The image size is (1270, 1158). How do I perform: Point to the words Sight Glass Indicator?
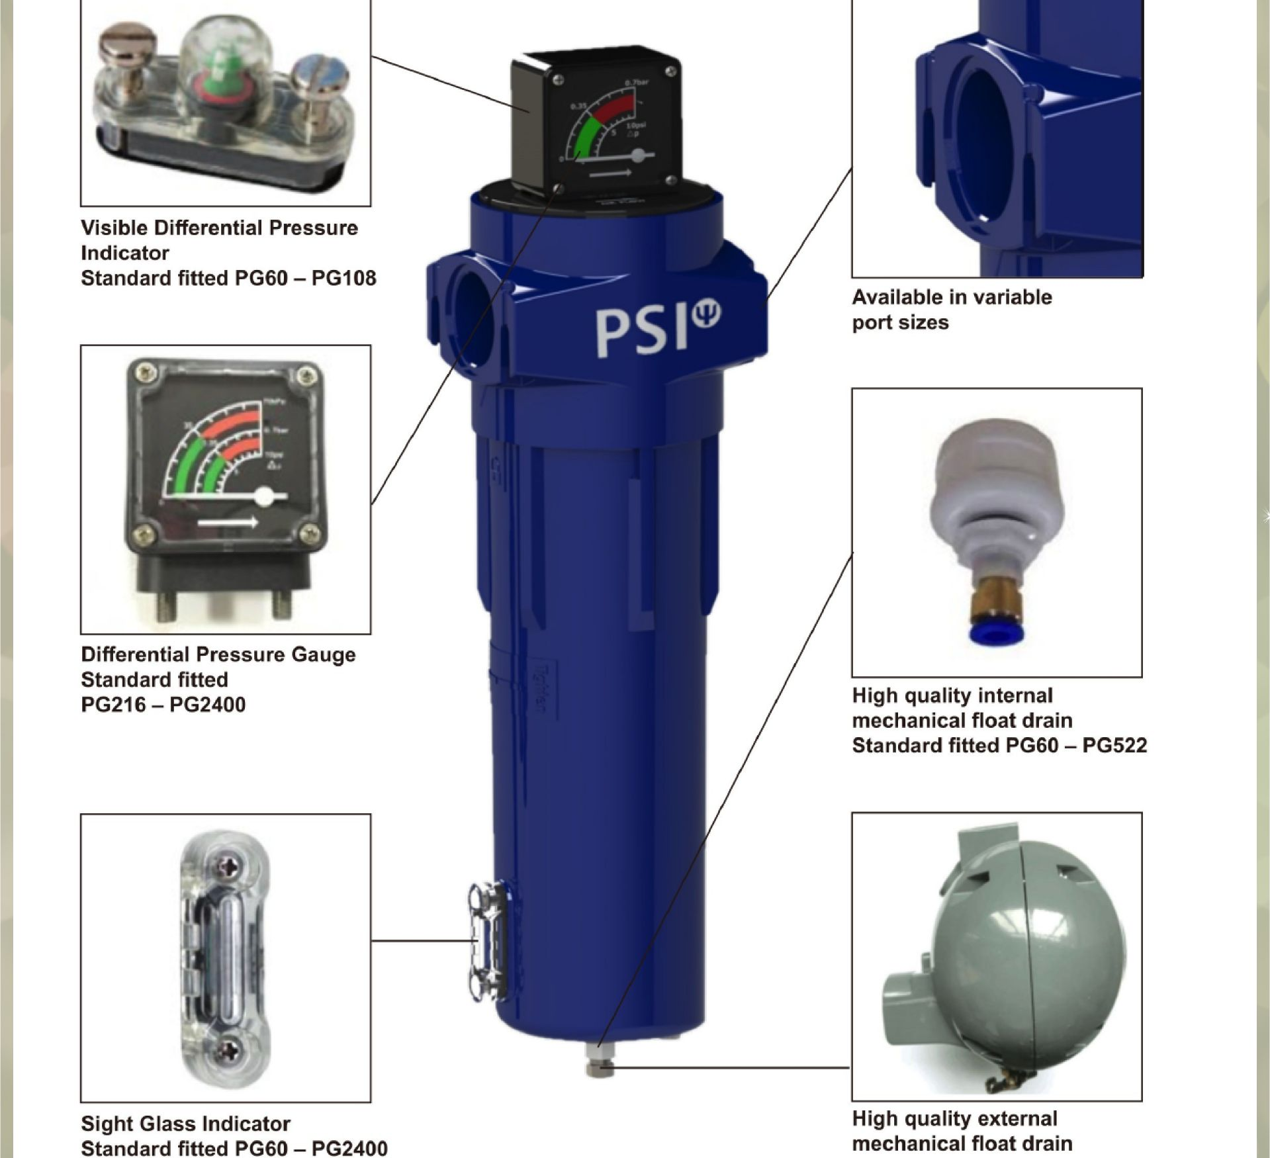coord(185,1124)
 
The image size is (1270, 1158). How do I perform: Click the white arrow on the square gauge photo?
coord(228,523)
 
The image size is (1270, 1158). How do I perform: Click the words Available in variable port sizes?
coord(951,310)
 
